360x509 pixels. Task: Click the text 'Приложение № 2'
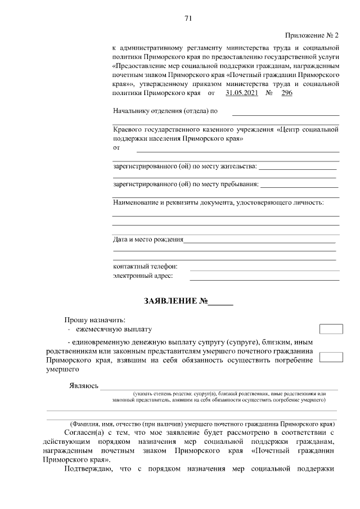point(312,35)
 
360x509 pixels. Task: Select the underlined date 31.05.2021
point(241,93)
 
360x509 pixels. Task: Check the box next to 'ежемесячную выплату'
point(331,330)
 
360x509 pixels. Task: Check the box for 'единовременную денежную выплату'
point(331,357)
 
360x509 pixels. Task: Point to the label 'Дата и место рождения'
point(148,240)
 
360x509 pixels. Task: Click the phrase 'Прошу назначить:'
point(95,320)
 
